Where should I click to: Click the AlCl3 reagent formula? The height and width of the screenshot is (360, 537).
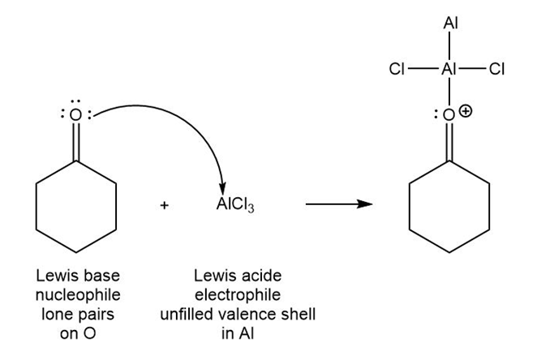(x=235, y=206)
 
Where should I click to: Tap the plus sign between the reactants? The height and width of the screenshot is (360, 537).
(x=165, y=206)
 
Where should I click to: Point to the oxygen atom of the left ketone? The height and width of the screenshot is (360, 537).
(x=75, y=115)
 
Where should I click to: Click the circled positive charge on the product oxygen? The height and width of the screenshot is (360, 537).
(x=465, y=112)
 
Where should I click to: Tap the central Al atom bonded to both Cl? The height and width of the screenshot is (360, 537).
(x=448, y=70)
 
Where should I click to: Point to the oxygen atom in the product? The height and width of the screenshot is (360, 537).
(x=448, y=116)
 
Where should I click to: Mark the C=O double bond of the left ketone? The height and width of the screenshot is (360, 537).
(x=75, y=141)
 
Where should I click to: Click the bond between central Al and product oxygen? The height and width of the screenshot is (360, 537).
(x=448, y=92)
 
